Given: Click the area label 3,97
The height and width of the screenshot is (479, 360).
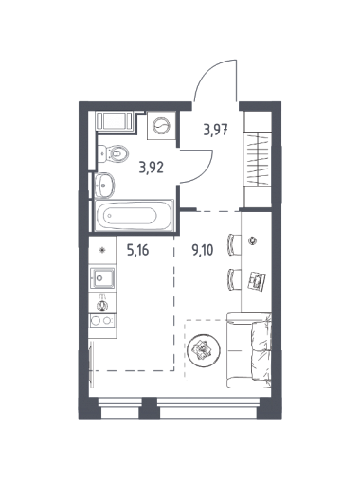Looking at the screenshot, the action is pyautogui.click(x=216, y=130).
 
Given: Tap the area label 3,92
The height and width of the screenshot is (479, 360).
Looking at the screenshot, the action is pyautogui.click(x=152, y=168).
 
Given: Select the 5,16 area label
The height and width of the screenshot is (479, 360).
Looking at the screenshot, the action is pyautogui.click(x=137, y=251).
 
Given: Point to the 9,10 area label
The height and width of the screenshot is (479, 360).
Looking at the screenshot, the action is pyautogui.click(x=203, y=250).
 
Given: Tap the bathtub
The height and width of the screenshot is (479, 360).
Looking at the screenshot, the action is pyautogui.click(x=135, y=216).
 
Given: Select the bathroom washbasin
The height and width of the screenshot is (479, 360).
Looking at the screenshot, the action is pyautogui.click(x=105, y=186).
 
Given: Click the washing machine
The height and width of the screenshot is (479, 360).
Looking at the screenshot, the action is pyautogui.click(x=161, y=126).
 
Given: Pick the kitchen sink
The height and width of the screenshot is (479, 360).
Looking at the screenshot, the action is pyautogui.click(x=102, y=277).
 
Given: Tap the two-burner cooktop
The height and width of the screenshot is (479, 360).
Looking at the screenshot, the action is pyautogui.click(x=102, y=320).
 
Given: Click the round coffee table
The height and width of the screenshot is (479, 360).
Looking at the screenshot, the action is pyautogui.click(x=204, y=349).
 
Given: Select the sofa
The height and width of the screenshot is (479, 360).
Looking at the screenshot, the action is pyautogui.click(x=249, y=350).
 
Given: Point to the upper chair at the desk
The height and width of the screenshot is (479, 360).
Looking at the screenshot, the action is pyautogui.click(x=234, y=244).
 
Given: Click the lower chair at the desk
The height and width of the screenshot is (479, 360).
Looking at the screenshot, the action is pyautogui.click(x=234, y=278).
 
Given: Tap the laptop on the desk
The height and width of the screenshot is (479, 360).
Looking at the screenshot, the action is pyautogui.click(x=257, y=279).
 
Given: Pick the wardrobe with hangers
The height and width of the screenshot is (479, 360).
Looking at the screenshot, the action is pyautogui.click(x=258, y=159).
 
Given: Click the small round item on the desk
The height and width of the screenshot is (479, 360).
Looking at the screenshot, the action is pyautogui.click(x=252, y=240).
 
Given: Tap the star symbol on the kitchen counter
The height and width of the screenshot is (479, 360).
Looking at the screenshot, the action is pyautogui.click(x=102, y=250).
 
